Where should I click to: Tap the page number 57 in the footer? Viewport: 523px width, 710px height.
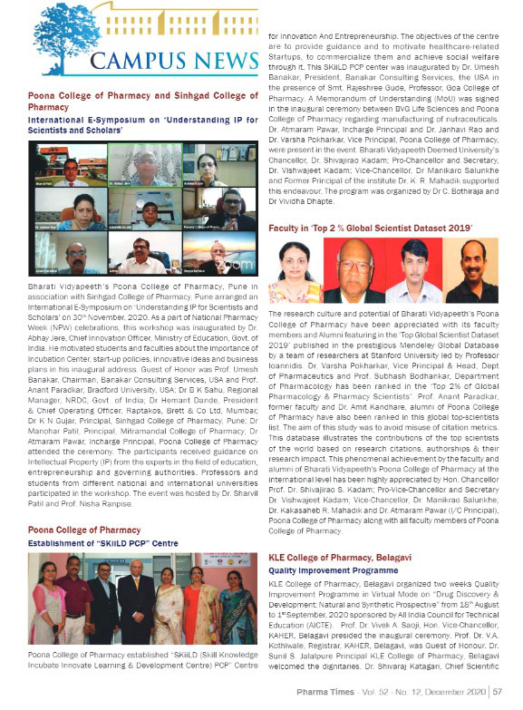point(498,693)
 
